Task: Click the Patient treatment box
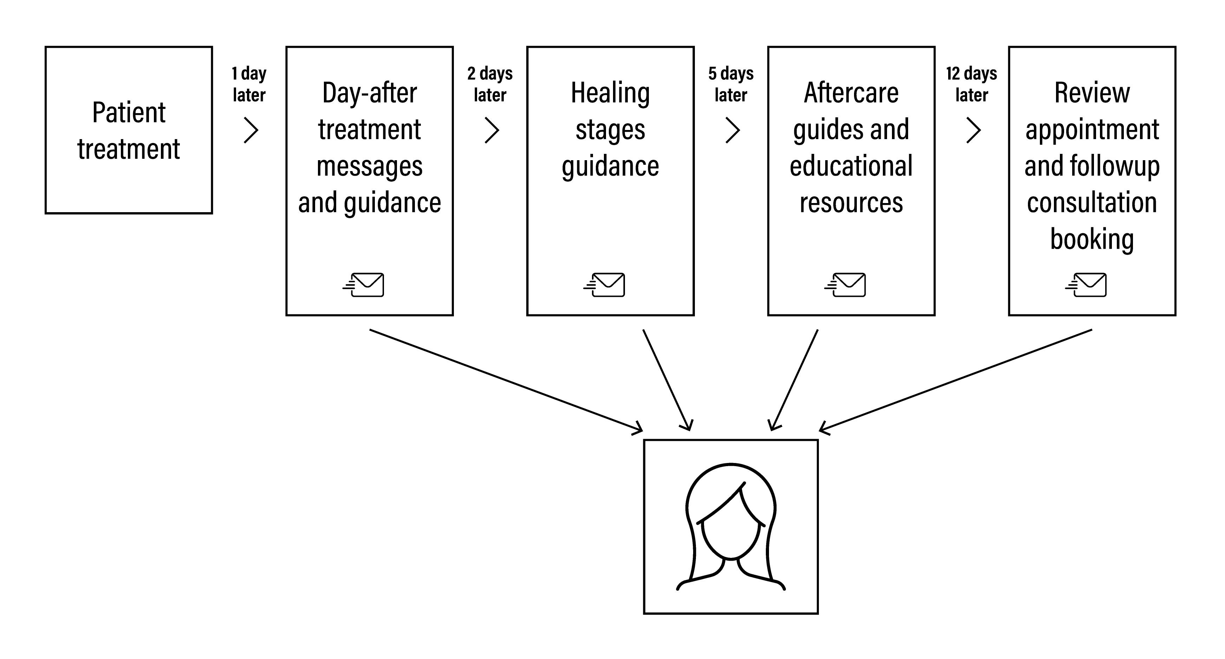click(128, 130)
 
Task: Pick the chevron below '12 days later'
click(973, 130)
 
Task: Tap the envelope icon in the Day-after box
click(364, 285)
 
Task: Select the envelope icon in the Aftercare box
click(846, 285)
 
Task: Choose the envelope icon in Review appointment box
click(1086, 285)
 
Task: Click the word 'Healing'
click(610, 93)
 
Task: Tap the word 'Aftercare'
click(851, 93)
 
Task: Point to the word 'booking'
click(1092, 239)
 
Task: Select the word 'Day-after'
click(370, 93)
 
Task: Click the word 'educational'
click(851, 166)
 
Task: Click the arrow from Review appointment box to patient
click(956, 380)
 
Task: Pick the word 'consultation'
click(1092, 203)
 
